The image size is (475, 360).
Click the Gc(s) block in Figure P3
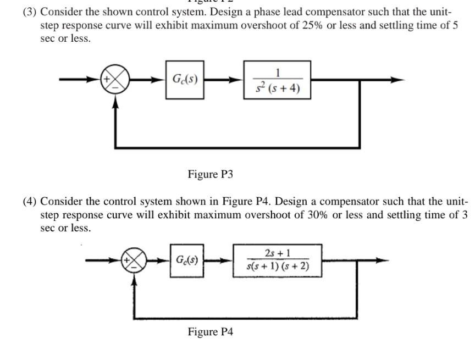pyautogui.click(x=181, y=80)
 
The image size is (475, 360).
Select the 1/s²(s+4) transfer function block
pyautogui.click(x=277, y=80)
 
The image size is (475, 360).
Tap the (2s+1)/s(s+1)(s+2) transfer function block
pyautogui.click(x=278, y=260)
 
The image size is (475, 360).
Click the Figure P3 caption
pyautogui.click(x=210, y=174)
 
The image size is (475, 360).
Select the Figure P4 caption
pyautogui.click(x=210, y=332)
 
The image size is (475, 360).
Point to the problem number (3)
pyautogui.click(x=30, y=12)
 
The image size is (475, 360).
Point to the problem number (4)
pyautogui.click(x=30, y=201)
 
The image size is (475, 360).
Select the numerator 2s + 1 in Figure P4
pyautogui.click(x=278, y=253)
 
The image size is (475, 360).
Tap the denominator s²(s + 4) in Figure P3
pyautogui.click(x=277, y=88)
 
